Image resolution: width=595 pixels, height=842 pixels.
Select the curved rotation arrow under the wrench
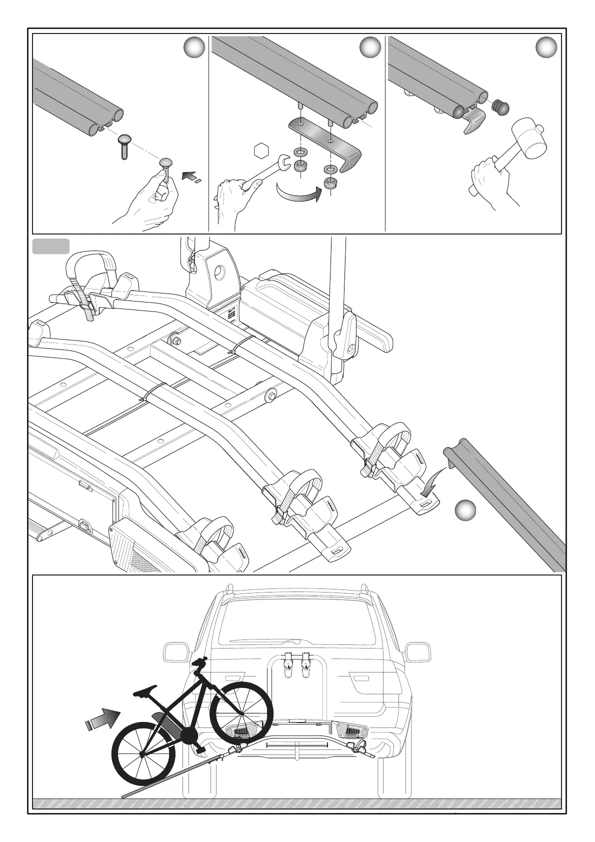[297, 193]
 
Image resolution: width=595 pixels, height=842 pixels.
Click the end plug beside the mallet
[501, 106]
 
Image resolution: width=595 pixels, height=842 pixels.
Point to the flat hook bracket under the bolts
[327, 142]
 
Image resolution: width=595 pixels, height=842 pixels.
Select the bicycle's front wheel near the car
[241, 712]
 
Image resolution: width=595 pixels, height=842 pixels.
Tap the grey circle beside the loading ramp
[465, 510]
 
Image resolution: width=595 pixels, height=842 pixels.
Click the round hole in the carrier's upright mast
[219, 272]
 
